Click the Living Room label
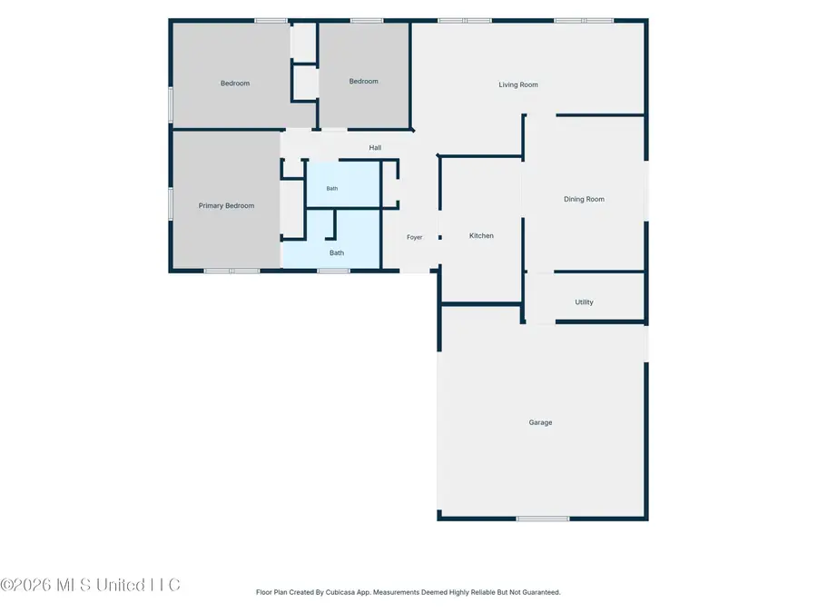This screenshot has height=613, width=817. click(x=518, y=84)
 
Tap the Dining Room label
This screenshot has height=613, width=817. click(x=584, y=199)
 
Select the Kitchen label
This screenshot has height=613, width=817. click(x=481, y=235)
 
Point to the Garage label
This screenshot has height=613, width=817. click(x=540, y=422)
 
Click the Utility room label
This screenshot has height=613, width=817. click(x=584, y=302)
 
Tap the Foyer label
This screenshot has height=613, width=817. click(x=414, y=237)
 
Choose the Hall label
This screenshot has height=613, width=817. click(x=375, y=147)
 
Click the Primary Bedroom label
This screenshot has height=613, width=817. click(x=226, y=205)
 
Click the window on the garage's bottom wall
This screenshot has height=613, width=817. click(x=543, y=519)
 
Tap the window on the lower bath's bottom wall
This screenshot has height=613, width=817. click(x=333, y=271)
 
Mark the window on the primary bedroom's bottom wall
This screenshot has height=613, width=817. click(x=231, y=271)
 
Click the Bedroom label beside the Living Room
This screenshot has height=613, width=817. click(x=364, y=82)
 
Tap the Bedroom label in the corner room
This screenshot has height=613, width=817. click(x=235, y=84)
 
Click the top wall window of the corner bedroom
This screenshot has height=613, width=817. click(x=271, y=21)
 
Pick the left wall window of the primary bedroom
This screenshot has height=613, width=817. click(x=171, y=203)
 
